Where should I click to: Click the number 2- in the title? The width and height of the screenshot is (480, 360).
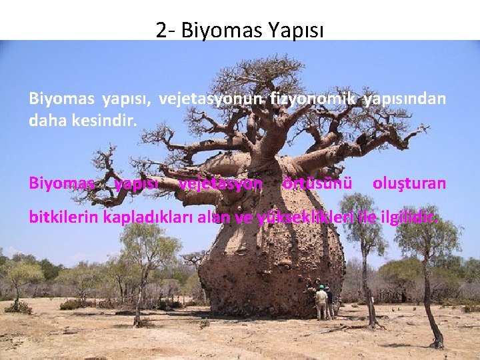[x=164, y=30]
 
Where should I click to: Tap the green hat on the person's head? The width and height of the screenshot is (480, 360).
[x=321, y=287]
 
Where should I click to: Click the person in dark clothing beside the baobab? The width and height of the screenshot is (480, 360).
[x=329, y=303]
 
